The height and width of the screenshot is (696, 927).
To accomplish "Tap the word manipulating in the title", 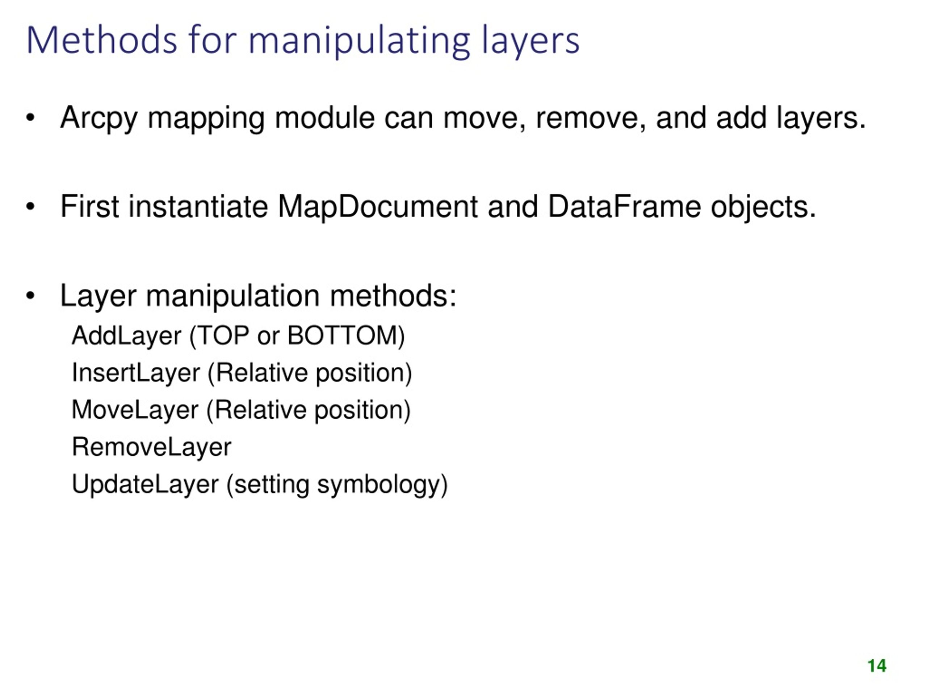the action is click(360, 41).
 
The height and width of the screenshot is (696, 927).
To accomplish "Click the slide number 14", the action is click(877, 666).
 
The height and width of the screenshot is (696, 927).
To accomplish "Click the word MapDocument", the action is click(378, 207).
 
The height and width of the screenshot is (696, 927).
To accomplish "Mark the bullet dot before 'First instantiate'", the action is click(30, 207).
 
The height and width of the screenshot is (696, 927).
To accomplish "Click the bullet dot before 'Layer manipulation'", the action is click(30, 296).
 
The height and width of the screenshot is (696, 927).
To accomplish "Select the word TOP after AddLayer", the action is click(223, 336).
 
